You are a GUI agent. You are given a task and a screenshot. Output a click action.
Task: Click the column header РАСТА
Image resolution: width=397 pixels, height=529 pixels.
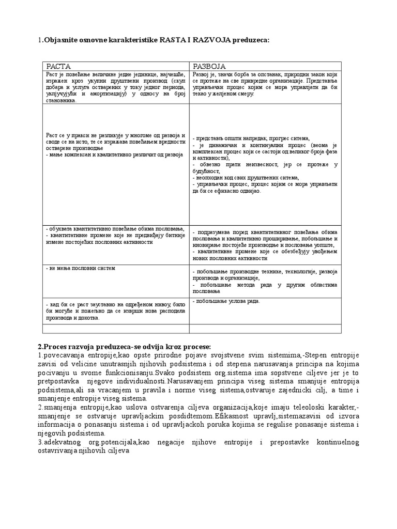(x=58, y=67)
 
